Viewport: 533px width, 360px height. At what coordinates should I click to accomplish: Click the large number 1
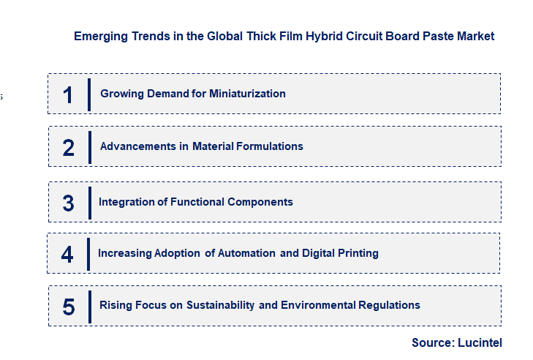[x=68, y=94]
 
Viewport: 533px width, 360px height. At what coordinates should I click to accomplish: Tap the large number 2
[x=69, y=147]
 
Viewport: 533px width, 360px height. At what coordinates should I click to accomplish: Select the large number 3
[x=68, y=203]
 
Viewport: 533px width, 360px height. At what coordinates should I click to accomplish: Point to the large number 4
[x=67, y=254]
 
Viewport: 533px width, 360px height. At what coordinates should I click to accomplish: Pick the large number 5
[x=69, y=306]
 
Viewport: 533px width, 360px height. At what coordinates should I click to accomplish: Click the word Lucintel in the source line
[x=480, y=342]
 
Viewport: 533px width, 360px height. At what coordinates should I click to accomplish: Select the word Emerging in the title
[x=97, y=36]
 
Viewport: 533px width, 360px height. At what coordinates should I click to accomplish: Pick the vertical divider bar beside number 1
[x=88, y=94]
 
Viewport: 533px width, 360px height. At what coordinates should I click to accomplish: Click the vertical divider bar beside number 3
[x=89, y=203]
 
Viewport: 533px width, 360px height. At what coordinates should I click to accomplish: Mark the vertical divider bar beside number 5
[x=89, y=306]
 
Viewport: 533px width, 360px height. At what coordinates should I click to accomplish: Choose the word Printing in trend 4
[x=356, y=253]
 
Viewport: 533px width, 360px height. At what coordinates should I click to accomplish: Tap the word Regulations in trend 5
[x=391, y=305]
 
